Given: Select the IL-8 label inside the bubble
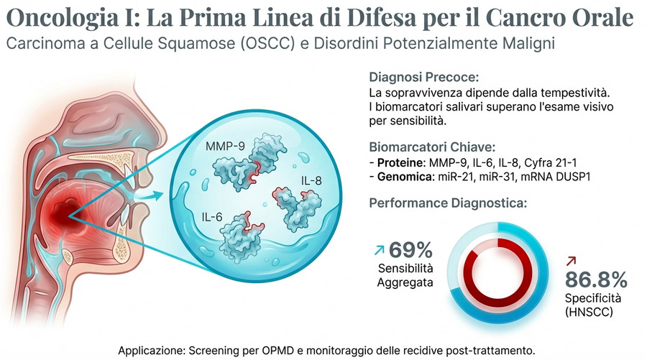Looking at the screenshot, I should tap(311, 177).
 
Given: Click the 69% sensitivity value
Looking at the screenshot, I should tap(410, 250).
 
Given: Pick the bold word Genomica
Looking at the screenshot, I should tap(400, 175).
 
